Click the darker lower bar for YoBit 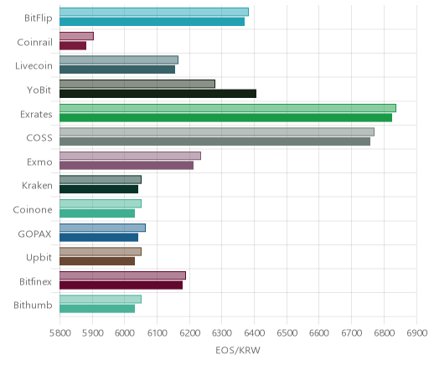click(158, 94)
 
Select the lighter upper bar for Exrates click(228, 108)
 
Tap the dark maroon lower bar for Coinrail click(73, 46)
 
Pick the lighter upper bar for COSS click(217, 132)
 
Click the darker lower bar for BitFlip click(152, 22)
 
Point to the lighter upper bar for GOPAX click(102, 228)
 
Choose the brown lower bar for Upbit click(97, 261)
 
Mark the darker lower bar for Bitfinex click(121, 285)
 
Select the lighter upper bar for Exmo click(130, 156)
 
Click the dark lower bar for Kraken click(99, 189)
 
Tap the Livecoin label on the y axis click(34, 66)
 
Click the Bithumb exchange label click(33, 305)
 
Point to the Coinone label click(33, 209)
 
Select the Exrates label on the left click(36, 114)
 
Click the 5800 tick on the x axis click(59, 333)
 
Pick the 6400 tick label click(254, 333)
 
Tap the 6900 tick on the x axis click(416, 333)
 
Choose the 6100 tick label click(157, 333)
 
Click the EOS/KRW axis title click(238, 350)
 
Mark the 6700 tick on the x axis click(351, 333)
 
